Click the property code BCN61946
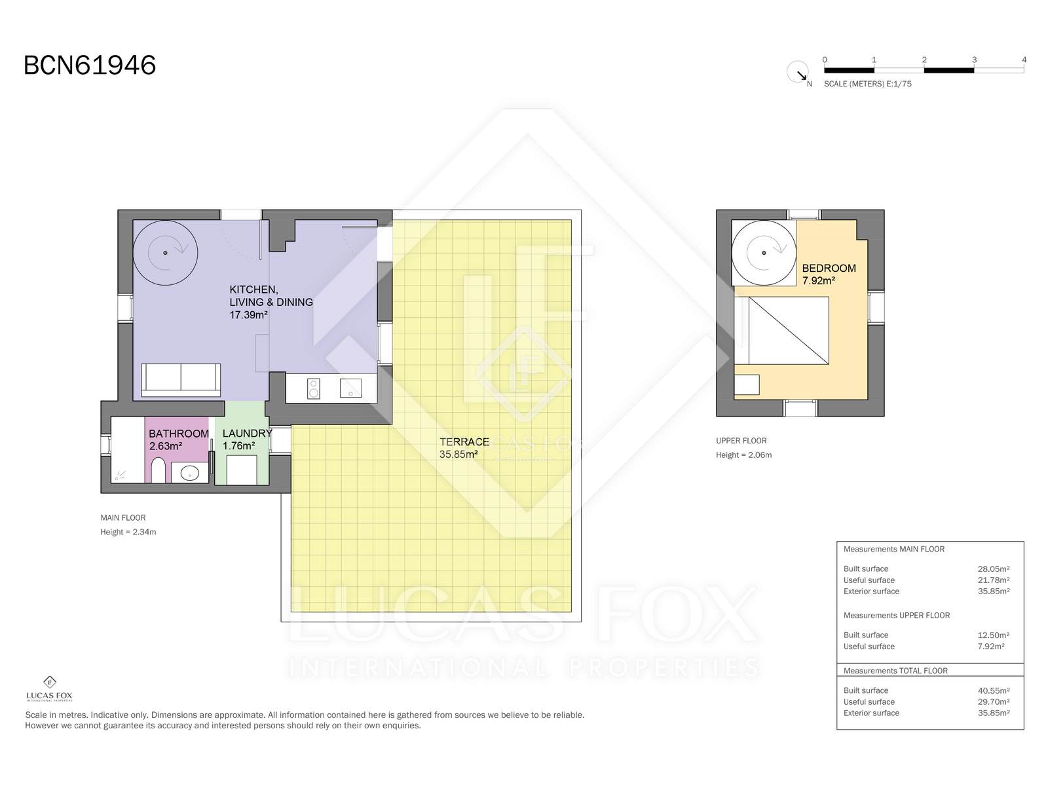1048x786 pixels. click(90, 65)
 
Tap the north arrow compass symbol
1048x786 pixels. click(798, 72)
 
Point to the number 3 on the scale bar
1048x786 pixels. click(974, 60)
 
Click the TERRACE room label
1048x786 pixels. click(464, 442)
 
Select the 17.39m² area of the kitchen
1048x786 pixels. click(248, 315)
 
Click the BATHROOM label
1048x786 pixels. click(179, 434)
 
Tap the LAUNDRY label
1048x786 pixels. click(248, 434)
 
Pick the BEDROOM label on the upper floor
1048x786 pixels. click(829, 268)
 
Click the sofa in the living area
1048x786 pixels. click(181, 380)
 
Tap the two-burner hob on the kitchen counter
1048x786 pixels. click(313, 388)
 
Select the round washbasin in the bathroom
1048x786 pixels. click(189, 474)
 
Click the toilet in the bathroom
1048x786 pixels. click(158, 470)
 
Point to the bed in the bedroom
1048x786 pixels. click(788, 330)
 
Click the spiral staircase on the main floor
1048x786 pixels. click(165, 252)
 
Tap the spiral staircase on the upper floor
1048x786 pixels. click(764, 252)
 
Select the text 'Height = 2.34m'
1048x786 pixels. click(128, 532)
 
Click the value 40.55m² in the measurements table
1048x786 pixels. click(994, 690)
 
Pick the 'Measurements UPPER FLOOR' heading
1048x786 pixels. click(897, 616)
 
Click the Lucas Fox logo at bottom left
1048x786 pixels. click(49, 688)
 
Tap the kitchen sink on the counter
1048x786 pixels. click(350, 388)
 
